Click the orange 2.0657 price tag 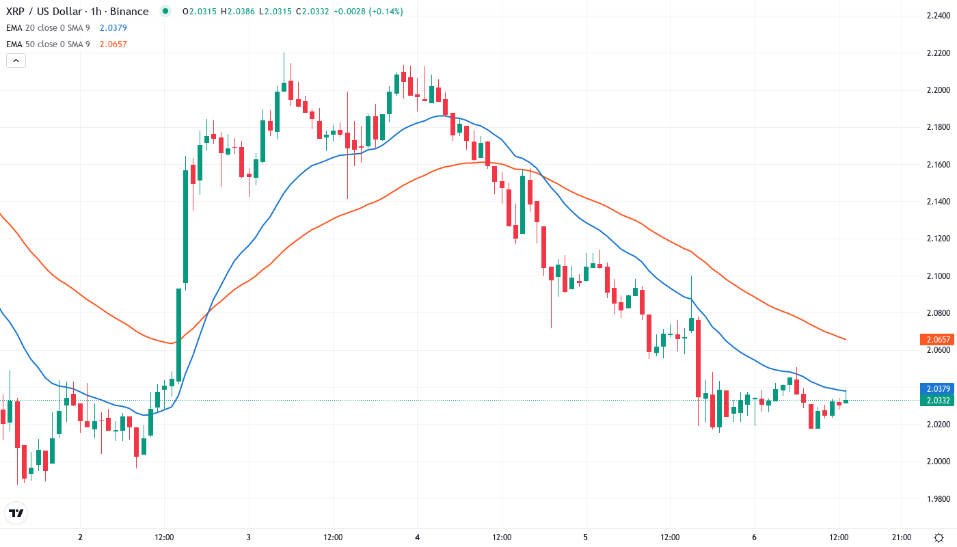click(936, 339)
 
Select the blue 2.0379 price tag click(936, 388)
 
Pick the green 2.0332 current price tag click(936, 400)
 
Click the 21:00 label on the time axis click(902, 537)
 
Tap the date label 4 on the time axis click(417, 537)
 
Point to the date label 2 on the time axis click(81, 537)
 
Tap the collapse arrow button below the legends click(16, 60)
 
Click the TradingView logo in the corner click(16, 513)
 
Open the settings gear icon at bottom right click(940, 537)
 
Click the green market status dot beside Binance click(165, 12)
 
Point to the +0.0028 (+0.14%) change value click(368, 12)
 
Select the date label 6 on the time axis click(754, 537)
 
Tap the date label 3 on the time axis click(249, 537)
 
